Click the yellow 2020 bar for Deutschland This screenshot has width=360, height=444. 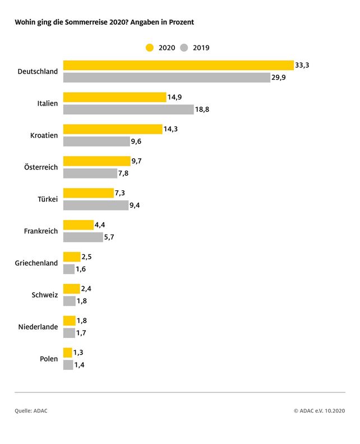[178, 65]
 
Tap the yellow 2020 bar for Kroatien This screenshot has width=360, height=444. [113, 129]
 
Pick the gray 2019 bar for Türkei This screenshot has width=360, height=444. [96, 205]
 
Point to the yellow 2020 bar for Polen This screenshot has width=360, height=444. [68, 353]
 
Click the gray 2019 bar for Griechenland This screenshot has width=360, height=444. [69, 269]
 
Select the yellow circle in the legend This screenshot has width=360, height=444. [150, 48]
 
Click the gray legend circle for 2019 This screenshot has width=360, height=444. [185, 48]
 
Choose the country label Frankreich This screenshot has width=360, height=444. [41, 231]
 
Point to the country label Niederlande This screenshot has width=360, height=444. [38, 327]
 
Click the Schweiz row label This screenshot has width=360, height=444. [45, 295]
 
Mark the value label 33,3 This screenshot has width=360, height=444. [302, 66]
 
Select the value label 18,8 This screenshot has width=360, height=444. [202, 109]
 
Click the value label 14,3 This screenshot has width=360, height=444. [171, 129]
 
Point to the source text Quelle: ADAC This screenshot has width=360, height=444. [31, 411]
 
